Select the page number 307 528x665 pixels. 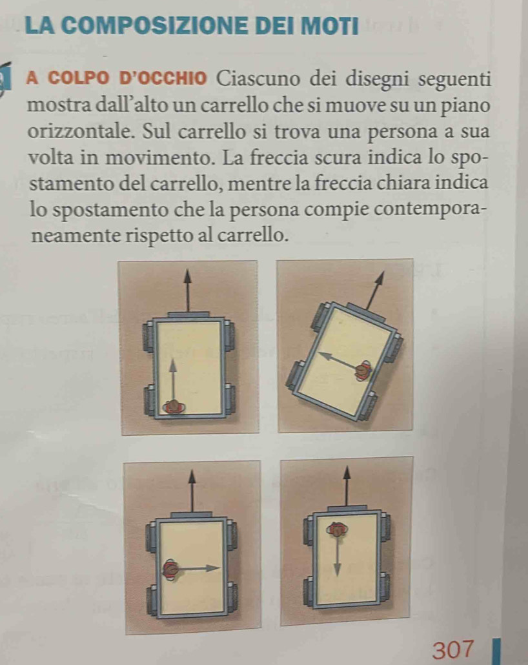(453, 650)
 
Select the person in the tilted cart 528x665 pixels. (364, 371)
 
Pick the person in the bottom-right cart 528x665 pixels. (336, 529)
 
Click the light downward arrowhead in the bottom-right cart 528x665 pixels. (337, 569)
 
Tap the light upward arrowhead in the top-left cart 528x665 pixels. (172, 365)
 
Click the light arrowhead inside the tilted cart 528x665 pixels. (326, 355)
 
